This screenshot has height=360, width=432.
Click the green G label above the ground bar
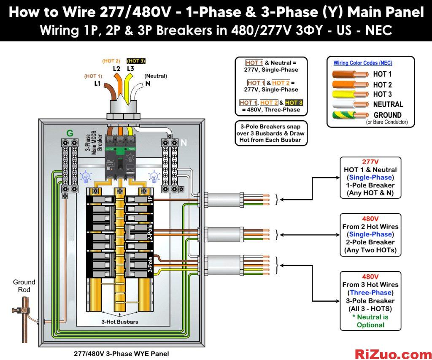pos(70,133)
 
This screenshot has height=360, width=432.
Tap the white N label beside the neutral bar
pos(184,143)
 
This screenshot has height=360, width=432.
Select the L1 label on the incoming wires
pos(97,83)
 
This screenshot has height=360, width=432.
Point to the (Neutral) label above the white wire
pos(156,76)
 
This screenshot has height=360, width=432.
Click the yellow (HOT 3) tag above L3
pos(136,61)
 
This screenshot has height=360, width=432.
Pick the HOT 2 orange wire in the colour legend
pos(350,84)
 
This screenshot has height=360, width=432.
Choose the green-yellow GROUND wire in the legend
pos(350,115)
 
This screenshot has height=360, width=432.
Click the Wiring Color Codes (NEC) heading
pos(362,63)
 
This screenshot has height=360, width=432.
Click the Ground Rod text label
pos(24,286)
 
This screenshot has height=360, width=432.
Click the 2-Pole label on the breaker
pos(150,232)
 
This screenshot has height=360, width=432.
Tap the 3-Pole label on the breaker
pos(150,264)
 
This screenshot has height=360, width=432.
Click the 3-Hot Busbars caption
pos(120,322)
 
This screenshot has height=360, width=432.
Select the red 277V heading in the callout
pos(370,162)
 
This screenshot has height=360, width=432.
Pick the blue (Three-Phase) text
pos(370,292)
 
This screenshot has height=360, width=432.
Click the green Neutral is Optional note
pos(370,321)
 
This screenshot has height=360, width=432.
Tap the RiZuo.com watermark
pos(393,354)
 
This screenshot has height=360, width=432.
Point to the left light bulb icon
pos(86,177)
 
